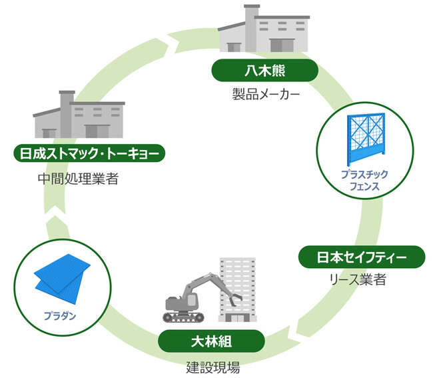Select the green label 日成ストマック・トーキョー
point(89,153)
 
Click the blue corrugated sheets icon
point(62,273)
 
